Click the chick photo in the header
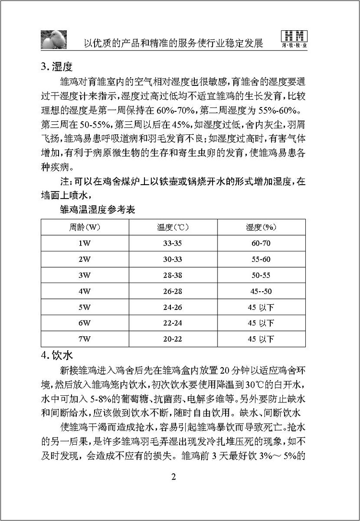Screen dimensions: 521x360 [x=53, y=38]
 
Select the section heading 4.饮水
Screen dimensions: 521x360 [x=56, y=355]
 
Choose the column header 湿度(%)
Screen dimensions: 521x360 [x=261, y=227]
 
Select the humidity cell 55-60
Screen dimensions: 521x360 [x=261, y=260]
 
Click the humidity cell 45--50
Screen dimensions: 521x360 [x=261, y=291]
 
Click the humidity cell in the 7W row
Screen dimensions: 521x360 [x=261, y=339]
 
